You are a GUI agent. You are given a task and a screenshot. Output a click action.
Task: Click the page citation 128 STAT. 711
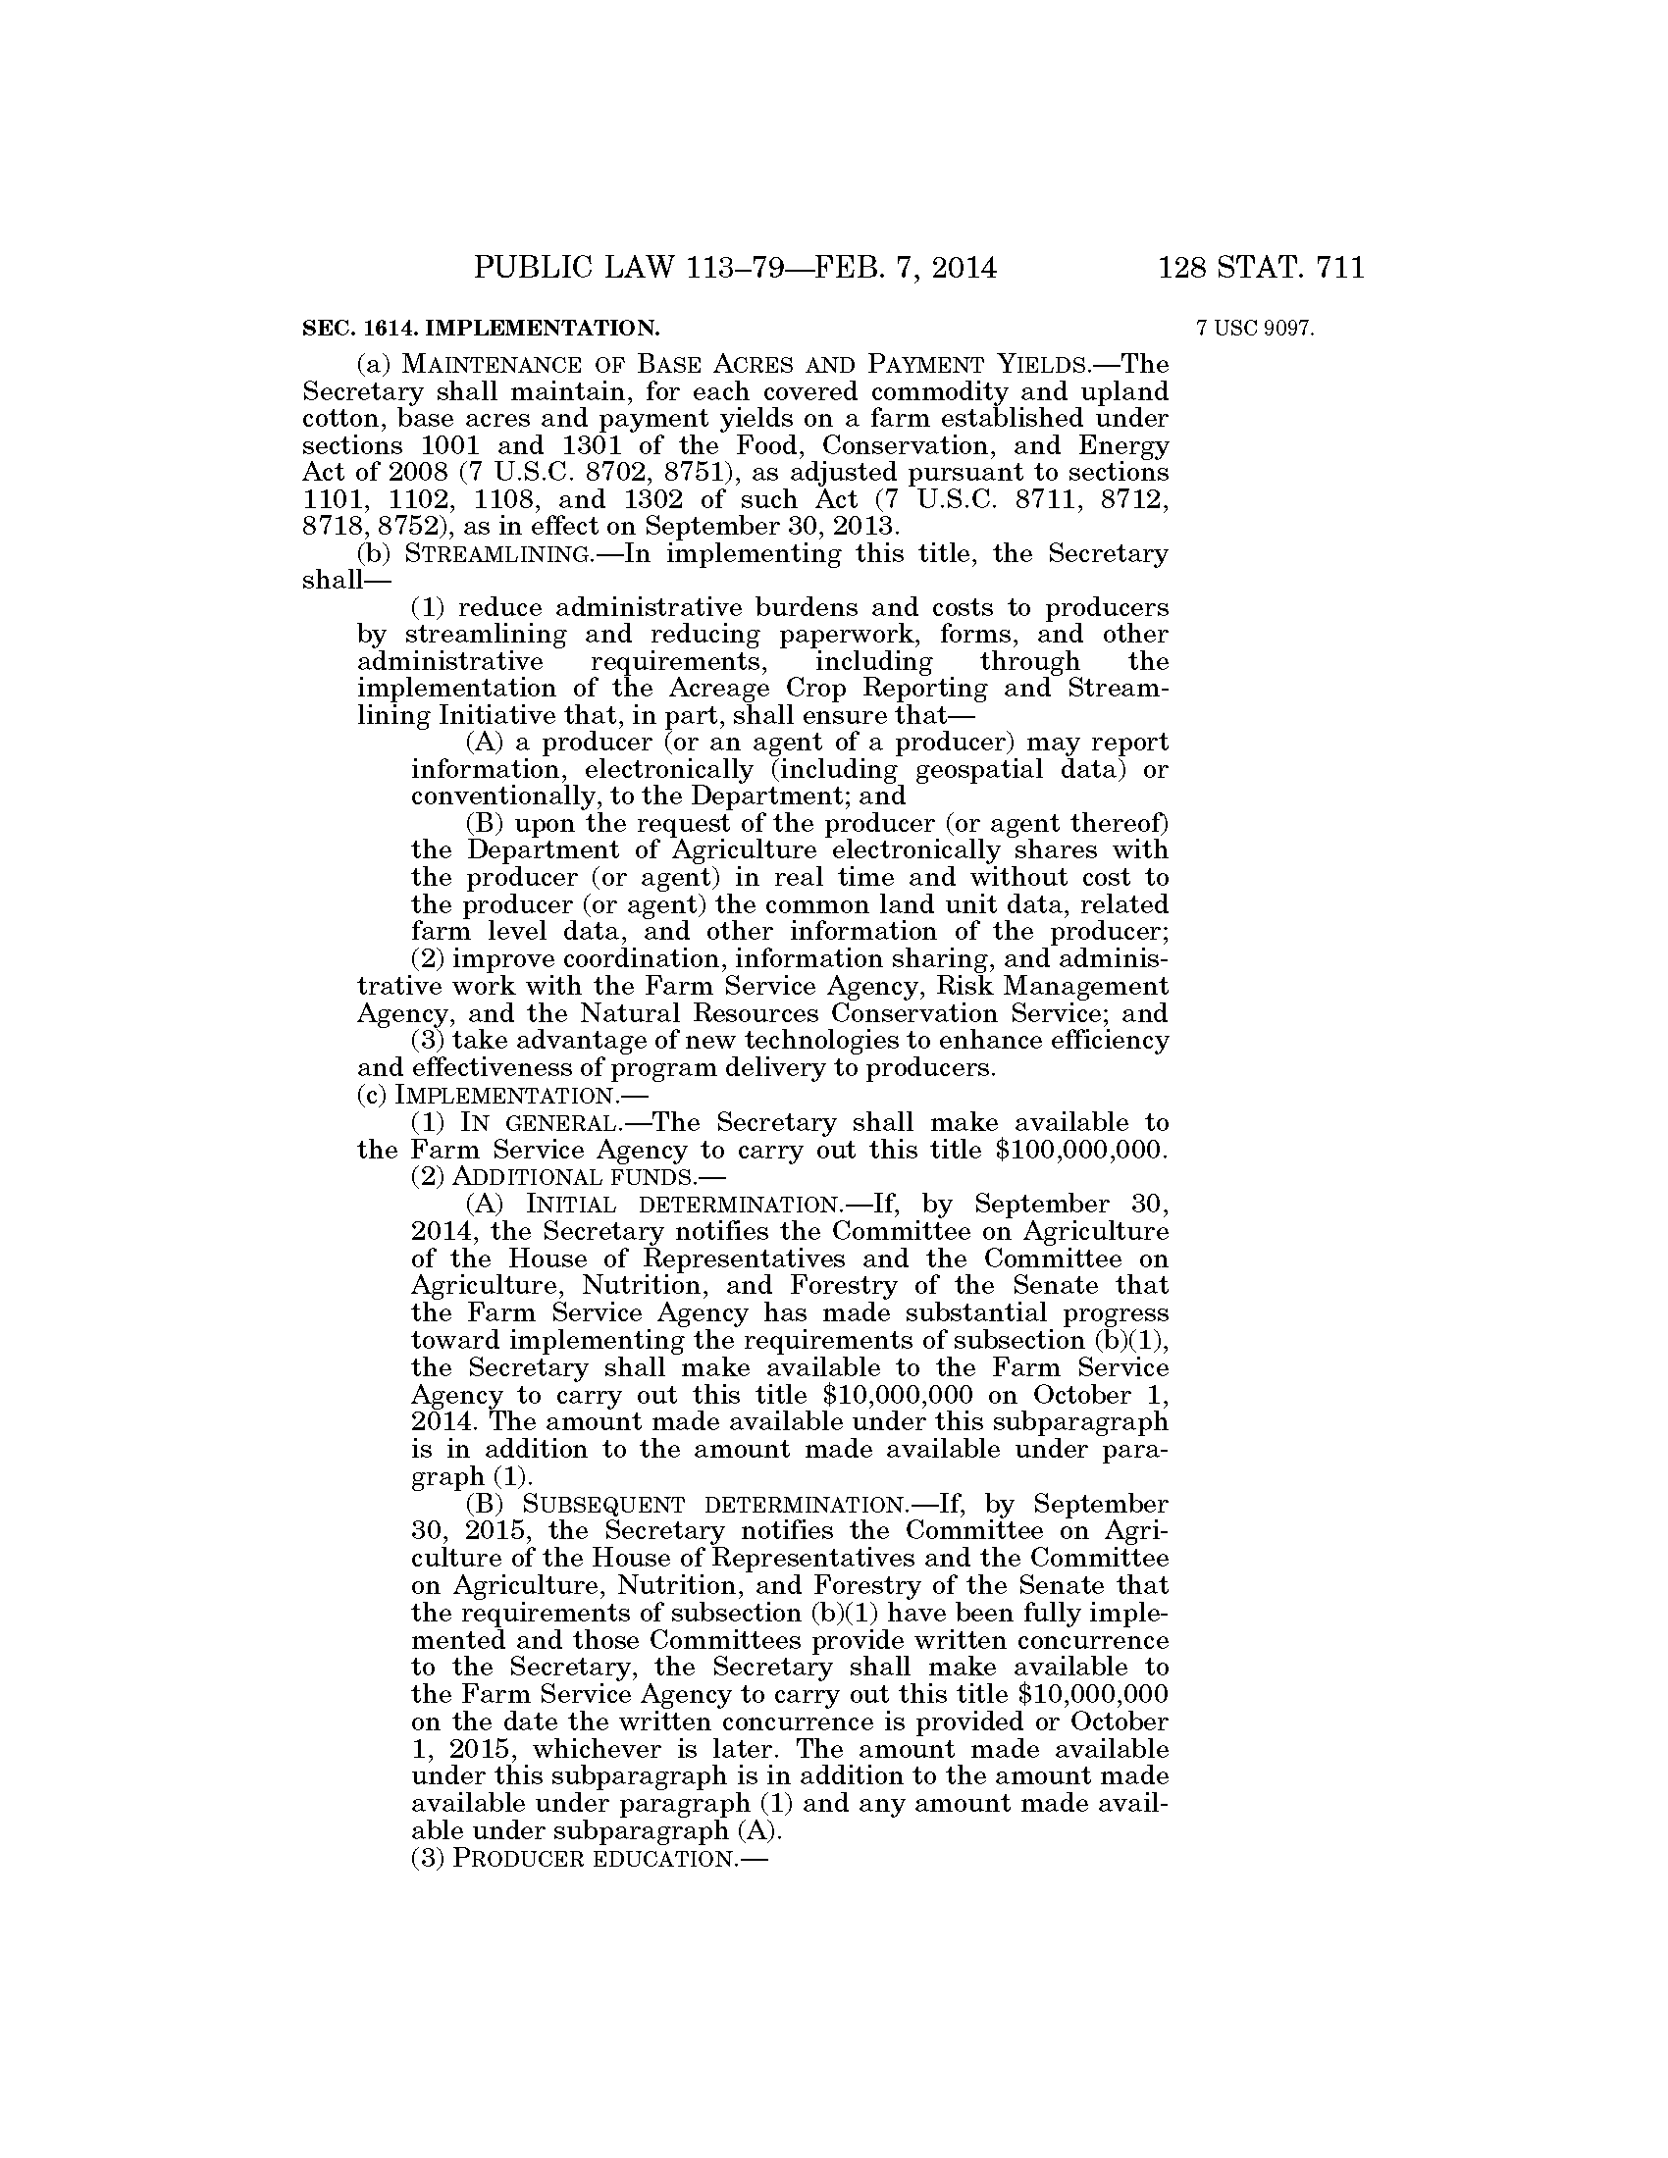point(1262,268)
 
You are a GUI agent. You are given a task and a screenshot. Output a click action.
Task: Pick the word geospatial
point(979,769)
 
